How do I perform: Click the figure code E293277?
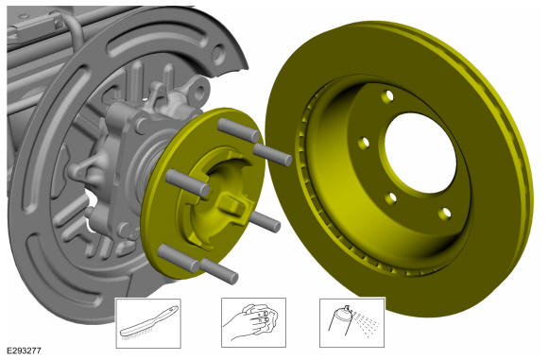click(x=25, y=351)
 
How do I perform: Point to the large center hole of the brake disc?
click(x=420, y=153)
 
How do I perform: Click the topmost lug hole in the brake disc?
click(x=387, y=96)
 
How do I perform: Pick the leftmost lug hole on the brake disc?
click(x=364, y=143)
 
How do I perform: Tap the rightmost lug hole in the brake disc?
click(x=445, y=214)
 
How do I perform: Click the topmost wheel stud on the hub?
click(x=238, y=130)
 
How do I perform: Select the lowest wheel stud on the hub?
click(x=219, y=271)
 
